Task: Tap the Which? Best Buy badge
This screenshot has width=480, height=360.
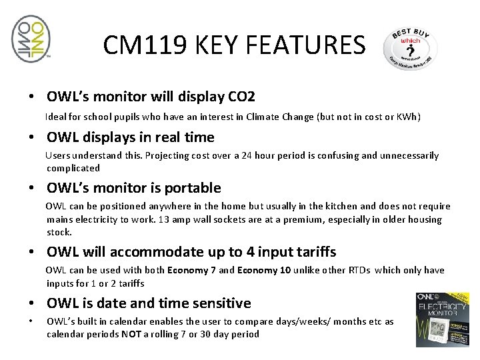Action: coord(410,49)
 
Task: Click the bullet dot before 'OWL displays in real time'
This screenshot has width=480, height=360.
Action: coord(31,138)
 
